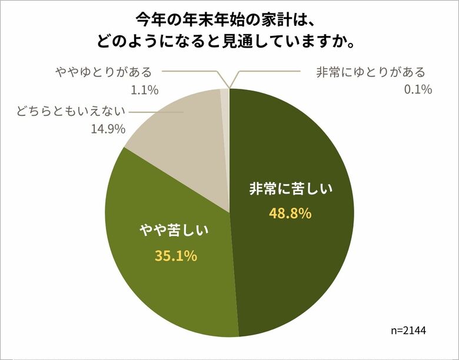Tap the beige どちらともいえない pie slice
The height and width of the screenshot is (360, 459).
(x=177, y=135)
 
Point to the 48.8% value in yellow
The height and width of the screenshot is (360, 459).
(x=290, y=214)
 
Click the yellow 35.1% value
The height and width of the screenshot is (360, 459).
(x=176, y=256)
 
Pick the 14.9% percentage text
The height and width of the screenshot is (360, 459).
(x=108, y=128)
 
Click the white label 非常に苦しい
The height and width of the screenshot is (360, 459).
(x=290, y=189)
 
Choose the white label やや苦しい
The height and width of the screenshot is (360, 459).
(x=175, y=231)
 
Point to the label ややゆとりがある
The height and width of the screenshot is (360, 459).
(x=104, y=72)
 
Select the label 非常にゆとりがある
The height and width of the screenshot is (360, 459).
(x=370, y=72)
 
